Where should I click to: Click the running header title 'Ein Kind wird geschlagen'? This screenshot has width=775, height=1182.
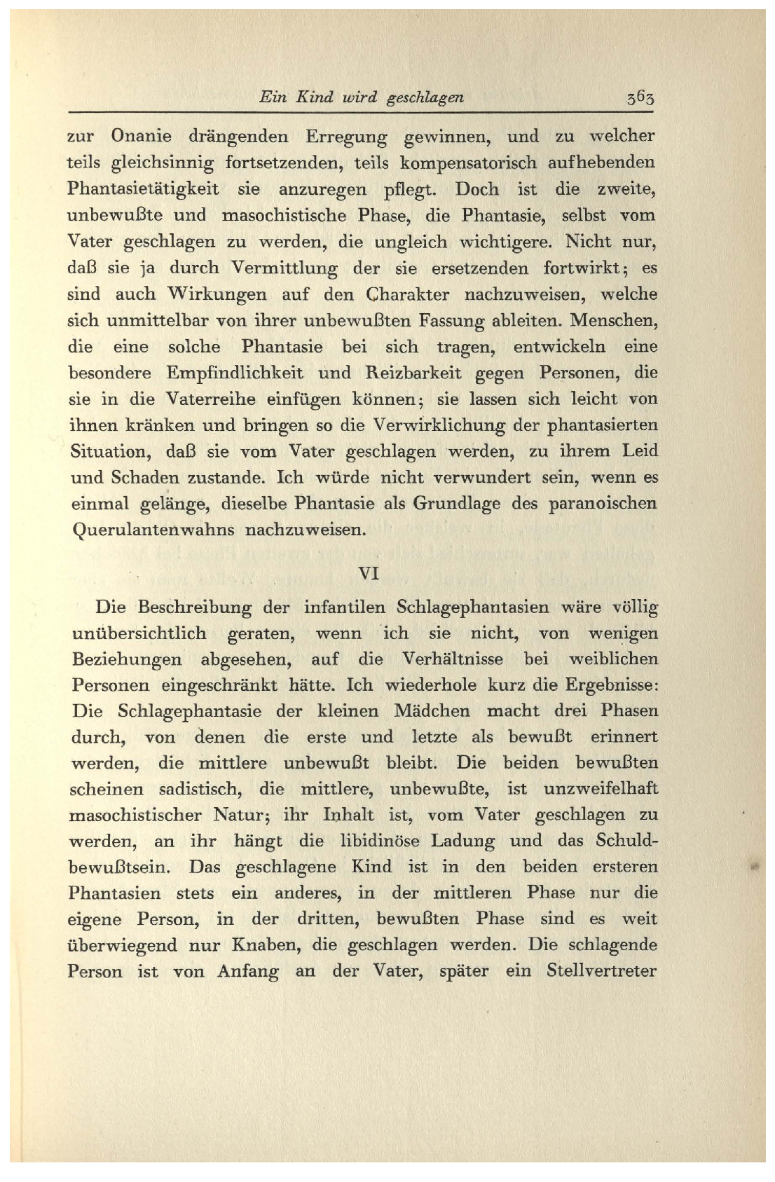click(x=361, y=97)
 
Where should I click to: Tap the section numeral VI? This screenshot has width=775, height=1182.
click(x=369, y=573)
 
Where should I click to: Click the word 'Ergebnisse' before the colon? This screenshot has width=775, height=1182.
click(x=608, y=685)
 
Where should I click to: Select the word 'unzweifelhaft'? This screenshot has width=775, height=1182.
click(x=603, y=789)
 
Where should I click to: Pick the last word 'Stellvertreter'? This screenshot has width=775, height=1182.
click(x=601, y=972)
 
